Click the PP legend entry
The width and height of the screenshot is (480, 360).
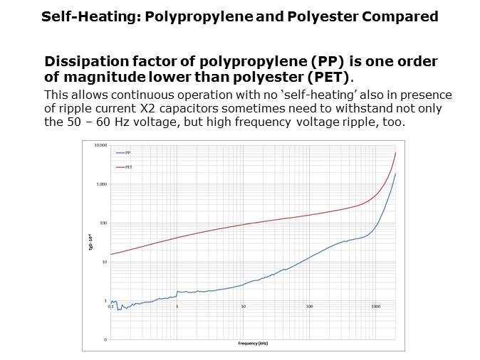[x=127, y=153]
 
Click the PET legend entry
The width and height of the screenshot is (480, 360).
[x=127, y=166]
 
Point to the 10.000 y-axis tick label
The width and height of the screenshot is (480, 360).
[x=100, y=145]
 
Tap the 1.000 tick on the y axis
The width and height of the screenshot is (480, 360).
[x=102, y=184]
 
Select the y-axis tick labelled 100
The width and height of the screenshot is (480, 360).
[x=103, y=223]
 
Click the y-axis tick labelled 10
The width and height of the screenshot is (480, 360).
[x=105, y=262]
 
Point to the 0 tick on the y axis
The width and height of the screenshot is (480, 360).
[x=106, y=339]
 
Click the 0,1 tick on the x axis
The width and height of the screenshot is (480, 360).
[x=110, y=306]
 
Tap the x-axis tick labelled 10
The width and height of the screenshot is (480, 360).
[x=244, y=306]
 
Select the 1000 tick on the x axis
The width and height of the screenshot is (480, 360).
[x=375, y=306]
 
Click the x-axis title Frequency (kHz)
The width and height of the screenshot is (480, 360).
[x=253, y=342]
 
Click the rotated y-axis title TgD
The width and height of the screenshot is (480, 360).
[x=89, y=242]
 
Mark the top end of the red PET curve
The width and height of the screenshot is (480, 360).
[x=395, y=153]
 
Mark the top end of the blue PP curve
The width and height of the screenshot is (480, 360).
[x=395, y=174]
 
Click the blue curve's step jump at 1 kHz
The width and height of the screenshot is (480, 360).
[x=177, y=294]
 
